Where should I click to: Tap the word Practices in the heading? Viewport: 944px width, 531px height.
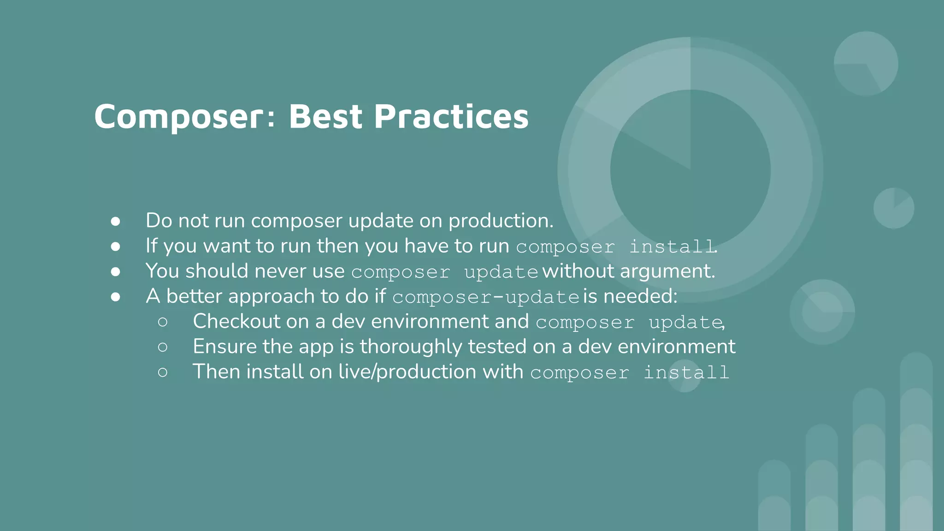click(451, 116)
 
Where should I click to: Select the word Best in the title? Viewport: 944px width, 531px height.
click(325, 116)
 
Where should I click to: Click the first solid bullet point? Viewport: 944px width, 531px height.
click(115, 221)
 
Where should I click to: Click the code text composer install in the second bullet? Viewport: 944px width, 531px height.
click(616, 247)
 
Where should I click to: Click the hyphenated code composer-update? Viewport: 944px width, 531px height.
click(485, 297)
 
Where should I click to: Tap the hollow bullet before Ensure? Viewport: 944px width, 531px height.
click(162, 347)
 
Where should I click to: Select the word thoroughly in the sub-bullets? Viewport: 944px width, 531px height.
click(410, 347)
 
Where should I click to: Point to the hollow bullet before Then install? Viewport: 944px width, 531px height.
click(162, 372)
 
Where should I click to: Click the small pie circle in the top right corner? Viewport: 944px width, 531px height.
click(866, 64)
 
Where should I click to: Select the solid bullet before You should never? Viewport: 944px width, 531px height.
click(115, 272)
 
